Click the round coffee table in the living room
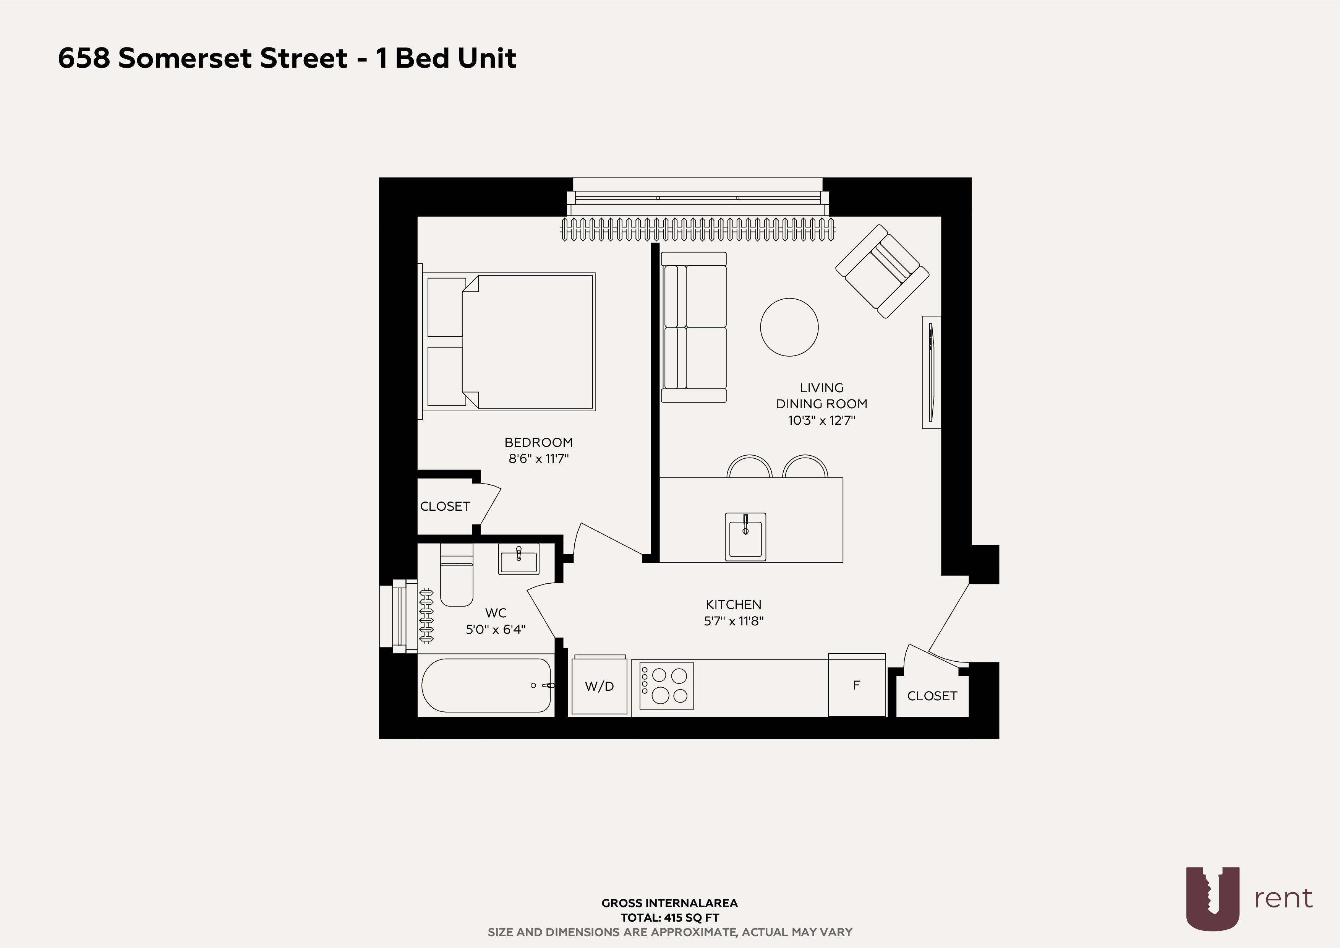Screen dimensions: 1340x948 point(789,327)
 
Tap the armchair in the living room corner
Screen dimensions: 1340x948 point(882,271)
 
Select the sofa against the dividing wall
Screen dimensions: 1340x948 point(693,327)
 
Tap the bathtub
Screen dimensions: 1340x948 point(486,685)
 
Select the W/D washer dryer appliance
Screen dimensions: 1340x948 point(600,685)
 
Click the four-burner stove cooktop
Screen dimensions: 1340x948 point(666,685)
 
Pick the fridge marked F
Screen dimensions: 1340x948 point(857,685)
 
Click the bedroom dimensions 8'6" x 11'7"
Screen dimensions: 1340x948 point(538,459)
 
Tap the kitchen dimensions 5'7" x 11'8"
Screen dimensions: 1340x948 point(734,620)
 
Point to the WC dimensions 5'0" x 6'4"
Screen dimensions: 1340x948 point(496,629)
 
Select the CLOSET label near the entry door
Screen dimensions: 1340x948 point(932,696)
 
